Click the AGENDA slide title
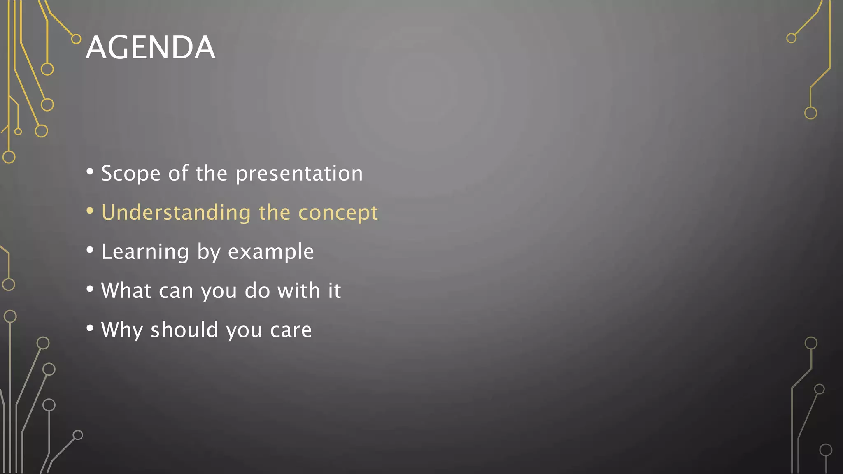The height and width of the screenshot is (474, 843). coord(150,47)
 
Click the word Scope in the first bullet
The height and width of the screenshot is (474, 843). coord(130,173)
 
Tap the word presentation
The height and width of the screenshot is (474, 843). coord(299,173)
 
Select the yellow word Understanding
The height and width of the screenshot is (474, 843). coord(176,213)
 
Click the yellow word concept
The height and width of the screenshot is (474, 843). coord(338,213)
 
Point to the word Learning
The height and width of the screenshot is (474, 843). coord(145,251)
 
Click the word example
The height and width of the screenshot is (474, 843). coord(271,252)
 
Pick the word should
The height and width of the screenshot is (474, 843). coord(184,330)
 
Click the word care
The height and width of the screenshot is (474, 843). coord(291,330)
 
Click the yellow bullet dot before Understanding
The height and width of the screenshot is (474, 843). coord(90,211)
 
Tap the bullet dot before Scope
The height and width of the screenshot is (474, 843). coord(90,172)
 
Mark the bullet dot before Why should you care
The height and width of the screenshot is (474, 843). coord(90,328)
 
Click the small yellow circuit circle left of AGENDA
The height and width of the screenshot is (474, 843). coord(76,39)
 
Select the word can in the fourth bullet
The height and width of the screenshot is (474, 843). coord(176,291)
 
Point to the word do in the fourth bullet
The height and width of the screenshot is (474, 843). coord(257,290)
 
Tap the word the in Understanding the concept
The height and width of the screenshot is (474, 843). coord(274,213)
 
